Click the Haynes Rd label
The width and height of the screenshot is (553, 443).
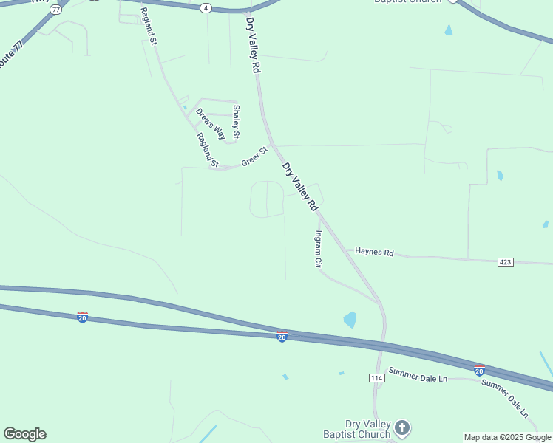coord(374,252)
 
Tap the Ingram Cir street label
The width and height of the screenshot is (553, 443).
coord(319,249)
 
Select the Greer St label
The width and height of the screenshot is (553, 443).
coord(254,157)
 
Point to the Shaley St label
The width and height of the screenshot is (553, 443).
coord(237,122)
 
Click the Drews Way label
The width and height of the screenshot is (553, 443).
coord(210,124)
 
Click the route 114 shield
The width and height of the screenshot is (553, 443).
coord(377,378)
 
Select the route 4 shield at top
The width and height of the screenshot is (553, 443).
coord(206,7)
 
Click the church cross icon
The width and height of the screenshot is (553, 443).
coord(401,427)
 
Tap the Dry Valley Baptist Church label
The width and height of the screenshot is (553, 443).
coord(357,428)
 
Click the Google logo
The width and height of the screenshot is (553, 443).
coord(24,434)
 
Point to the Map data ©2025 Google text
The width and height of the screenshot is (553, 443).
coord(507,437)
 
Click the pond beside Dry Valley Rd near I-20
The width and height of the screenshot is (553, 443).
coord(350,320)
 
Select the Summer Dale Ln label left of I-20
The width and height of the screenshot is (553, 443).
coord(418,378)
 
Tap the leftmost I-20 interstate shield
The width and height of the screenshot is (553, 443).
coord(82,317)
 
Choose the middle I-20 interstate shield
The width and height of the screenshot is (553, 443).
coord(282,337)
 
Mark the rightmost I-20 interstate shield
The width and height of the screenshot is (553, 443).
coord(479,370)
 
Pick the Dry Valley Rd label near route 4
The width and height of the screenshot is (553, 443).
coord(254,45)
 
